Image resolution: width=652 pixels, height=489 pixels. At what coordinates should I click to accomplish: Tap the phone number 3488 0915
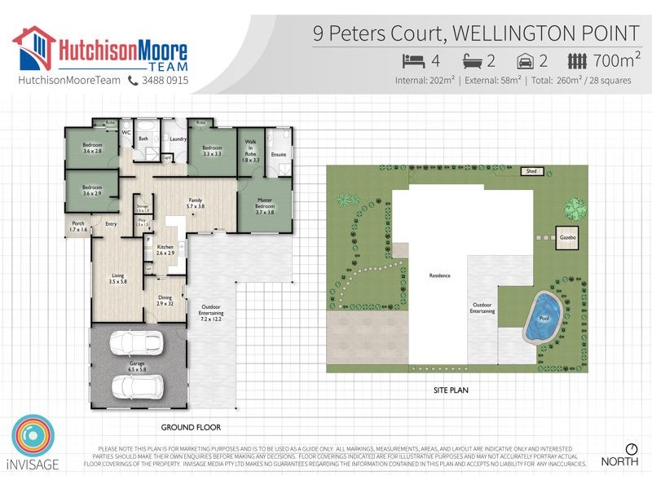click(x=165, y=81)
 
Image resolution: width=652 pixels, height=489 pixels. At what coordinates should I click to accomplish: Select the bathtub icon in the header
click(x=474, y=60)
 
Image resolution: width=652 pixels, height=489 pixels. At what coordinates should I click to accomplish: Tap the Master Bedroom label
click(x=265, y=209)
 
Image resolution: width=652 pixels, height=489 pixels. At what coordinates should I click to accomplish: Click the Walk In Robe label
click(x=251, y=151)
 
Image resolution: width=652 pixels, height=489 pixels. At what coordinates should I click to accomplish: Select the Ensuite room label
click(x=278, y=154)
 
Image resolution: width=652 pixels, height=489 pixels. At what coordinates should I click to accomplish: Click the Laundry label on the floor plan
click(x=178, y=139)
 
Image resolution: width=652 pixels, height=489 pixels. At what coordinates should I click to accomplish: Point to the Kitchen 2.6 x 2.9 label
click(x=165, y=250)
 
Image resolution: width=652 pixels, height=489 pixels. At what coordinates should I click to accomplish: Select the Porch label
click(x=78, y=227)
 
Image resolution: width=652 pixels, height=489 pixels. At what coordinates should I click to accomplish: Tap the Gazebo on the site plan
click(x=568, y=237)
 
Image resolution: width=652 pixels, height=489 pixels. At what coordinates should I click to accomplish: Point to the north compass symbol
click(x=631, y=449)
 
